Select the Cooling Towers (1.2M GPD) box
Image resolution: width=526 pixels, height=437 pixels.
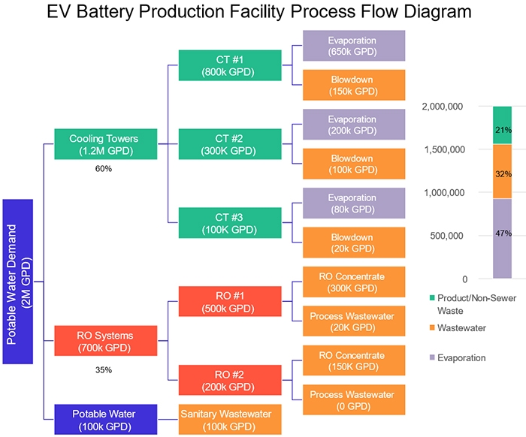[106, 144]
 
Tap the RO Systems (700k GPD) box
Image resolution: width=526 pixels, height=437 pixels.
[106, 340]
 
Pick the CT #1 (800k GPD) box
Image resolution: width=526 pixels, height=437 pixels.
[228, 65]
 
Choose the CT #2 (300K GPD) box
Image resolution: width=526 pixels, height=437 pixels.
[228, 143]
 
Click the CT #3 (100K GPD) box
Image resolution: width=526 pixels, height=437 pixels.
[228, 223]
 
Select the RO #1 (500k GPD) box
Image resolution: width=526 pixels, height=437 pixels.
[228, 301]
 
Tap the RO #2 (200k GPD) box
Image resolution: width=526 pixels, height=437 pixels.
[228, 380]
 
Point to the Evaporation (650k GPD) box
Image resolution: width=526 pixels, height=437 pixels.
[353, 46]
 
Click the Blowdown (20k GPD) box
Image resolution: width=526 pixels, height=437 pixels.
[353, 243]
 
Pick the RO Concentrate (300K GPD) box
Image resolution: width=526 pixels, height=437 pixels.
[353, 282]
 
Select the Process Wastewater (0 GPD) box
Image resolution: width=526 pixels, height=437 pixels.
[353, 399]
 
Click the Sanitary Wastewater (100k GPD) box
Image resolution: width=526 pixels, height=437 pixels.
[230, 419]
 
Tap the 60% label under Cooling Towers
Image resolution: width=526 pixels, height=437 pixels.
[103, 169]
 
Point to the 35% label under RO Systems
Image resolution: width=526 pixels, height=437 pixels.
[103, 369]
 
